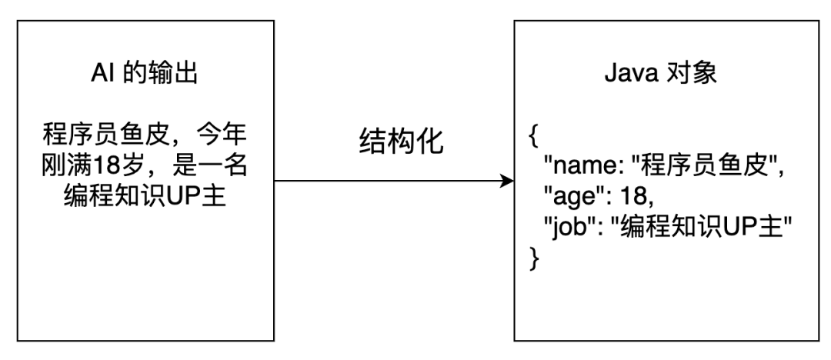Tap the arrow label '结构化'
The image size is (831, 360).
coord(402,142)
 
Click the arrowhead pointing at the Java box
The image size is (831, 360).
coord(507,182)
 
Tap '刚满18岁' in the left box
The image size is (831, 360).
coord(92,167)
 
